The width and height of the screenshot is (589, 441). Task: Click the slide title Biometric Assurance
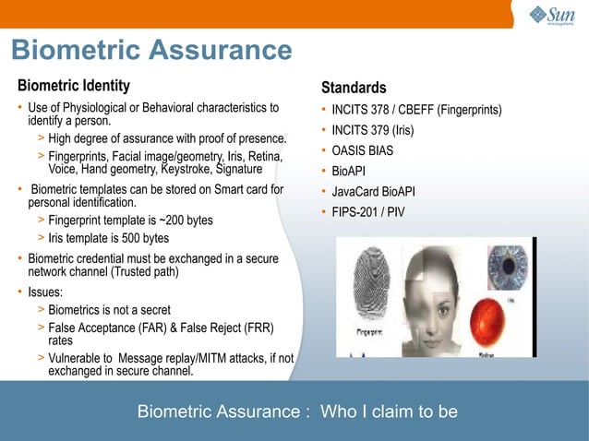point(151,52)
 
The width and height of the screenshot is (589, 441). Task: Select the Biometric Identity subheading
point(74,87)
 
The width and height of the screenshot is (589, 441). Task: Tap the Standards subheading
point(354,89)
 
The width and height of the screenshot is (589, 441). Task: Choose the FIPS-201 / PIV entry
point(368,212)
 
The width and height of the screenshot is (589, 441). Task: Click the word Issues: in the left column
point(47,293)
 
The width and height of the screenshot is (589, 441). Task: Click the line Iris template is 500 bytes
point(108,239)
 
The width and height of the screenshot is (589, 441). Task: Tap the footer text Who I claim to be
point(389,411)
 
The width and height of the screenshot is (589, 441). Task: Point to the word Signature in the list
point(237,170)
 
